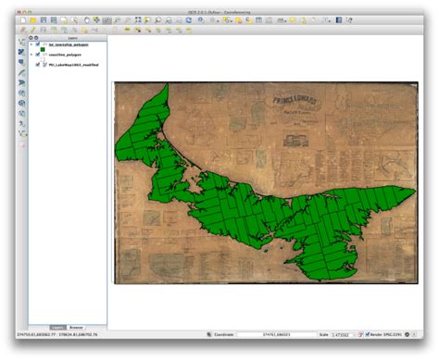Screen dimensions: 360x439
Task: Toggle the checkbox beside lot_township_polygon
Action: pyautogui.click(x=38, y=43)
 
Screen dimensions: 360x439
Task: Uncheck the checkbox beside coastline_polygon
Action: pyautogui.click(x=38, y=56)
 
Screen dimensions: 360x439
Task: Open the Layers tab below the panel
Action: pyautogui.click(x=57, y=328)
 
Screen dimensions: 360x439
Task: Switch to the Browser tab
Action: pyautogui.click(x=76, y=328)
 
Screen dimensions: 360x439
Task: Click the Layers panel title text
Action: pyautogui.click(x=60, y=38)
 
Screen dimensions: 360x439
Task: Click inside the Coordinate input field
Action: pyautogui.click(x=276, y=334)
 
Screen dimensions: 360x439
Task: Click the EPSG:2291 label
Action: pyautogui.click(x=394, y=334)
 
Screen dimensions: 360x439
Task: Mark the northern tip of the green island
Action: pyautogui.click(x=167, y=85)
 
